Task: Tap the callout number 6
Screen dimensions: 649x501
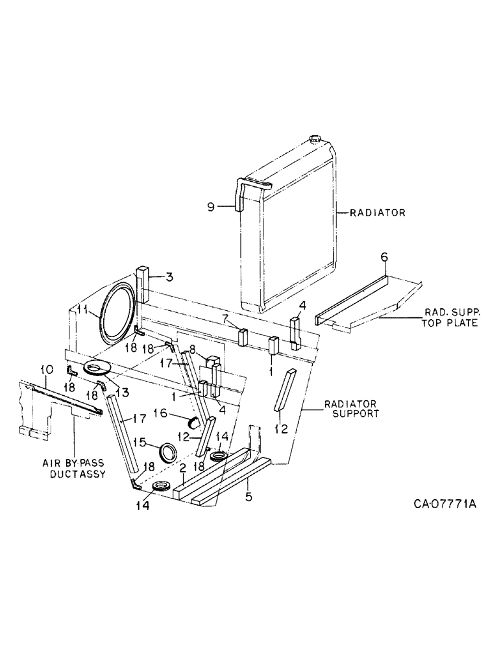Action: pyautogui.click(x=384, y=258)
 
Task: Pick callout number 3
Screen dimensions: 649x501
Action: pyautogui.click(x=168, y=278)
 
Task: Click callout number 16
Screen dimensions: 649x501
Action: pyautogui.click(x=158, y=412)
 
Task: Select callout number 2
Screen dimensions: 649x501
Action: pyautogui.click(x=183, y=467)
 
